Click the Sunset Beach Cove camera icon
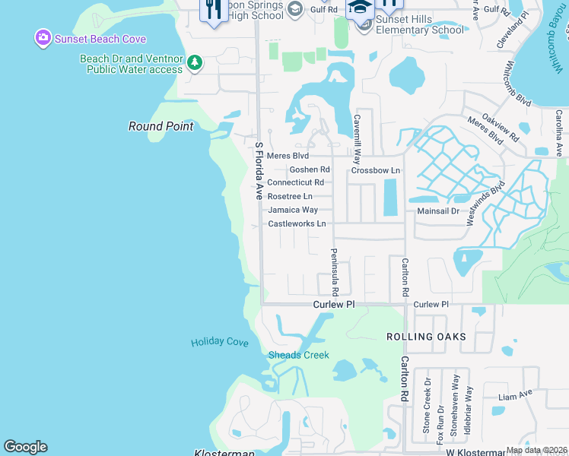pos(43,37)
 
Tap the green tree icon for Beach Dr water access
pos(195,62)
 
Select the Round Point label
pos(161,126)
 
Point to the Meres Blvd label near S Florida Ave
pos(287,156)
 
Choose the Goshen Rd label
pos(310,169)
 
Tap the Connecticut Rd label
pos(296,182)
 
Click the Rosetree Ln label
pos(290,196)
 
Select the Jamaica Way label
pos(292,210)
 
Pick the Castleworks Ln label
pos(297,223)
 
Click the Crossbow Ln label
pos(375,170)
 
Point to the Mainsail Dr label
pos(438,211)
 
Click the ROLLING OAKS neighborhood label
pos(426,337)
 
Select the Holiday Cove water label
pos(220,342)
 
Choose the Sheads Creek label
pos(298,355)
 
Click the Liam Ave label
pos(515,395)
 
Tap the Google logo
pos(25,447)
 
